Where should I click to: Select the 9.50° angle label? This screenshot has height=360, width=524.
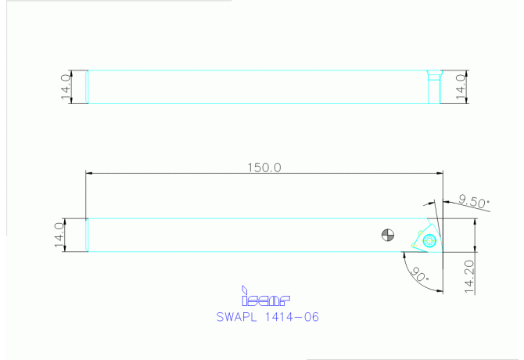(474, 201)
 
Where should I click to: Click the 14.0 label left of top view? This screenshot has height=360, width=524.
(66, 86)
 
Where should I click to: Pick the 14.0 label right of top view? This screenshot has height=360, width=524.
(461, 86)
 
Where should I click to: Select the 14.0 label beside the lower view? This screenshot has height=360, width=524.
(58, 235)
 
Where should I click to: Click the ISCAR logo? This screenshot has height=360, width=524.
(266, 297)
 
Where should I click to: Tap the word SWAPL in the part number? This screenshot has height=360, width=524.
(238, 317)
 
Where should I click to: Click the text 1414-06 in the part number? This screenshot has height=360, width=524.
(291, 317)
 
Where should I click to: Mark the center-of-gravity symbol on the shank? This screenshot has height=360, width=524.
(386, 234)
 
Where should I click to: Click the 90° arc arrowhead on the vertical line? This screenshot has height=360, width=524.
(441, 289)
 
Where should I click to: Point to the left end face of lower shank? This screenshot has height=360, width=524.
(86, 235)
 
